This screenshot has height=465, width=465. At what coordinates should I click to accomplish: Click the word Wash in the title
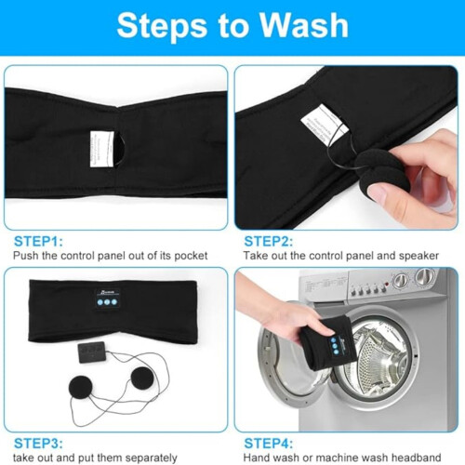pyautogui.click(x=304, y=25)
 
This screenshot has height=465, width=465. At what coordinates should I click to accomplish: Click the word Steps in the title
pyautogui.click(x=162, y=27)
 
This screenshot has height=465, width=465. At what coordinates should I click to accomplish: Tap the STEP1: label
pyautogui.click(x=38, y=241)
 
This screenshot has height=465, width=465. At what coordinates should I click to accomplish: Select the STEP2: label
pyautogui.click(x=269, y=241)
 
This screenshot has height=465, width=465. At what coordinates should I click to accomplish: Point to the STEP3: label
pyautogui.click(x=38, y=444)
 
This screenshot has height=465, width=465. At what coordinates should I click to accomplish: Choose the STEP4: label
pyautogui.click(x=269, y=444)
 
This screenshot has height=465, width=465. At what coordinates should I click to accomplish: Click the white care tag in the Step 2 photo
pyautogui.click(x=324, y=124)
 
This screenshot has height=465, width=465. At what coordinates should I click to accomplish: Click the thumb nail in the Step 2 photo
pyautogui.click(x=377, y=193)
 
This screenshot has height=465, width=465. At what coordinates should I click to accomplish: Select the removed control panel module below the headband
pyautogui.click(x=92, y=352)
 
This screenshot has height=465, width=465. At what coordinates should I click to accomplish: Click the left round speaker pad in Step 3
pyautogui.click(x=80, y=388)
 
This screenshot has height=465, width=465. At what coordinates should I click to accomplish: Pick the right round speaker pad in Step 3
pyautogui.click(x=141, y=379)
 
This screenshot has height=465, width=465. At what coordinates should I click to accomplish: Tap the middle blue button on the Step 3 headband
pyautogui.click(x=107, y=302)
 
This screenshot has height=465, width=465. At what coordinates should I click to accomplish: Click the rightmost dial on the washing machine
pyautogui.click(x=425, y=276)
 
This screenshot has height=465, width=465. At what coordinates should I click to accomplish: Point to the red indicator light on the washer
pyautogui.click(x=386, y=284)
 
